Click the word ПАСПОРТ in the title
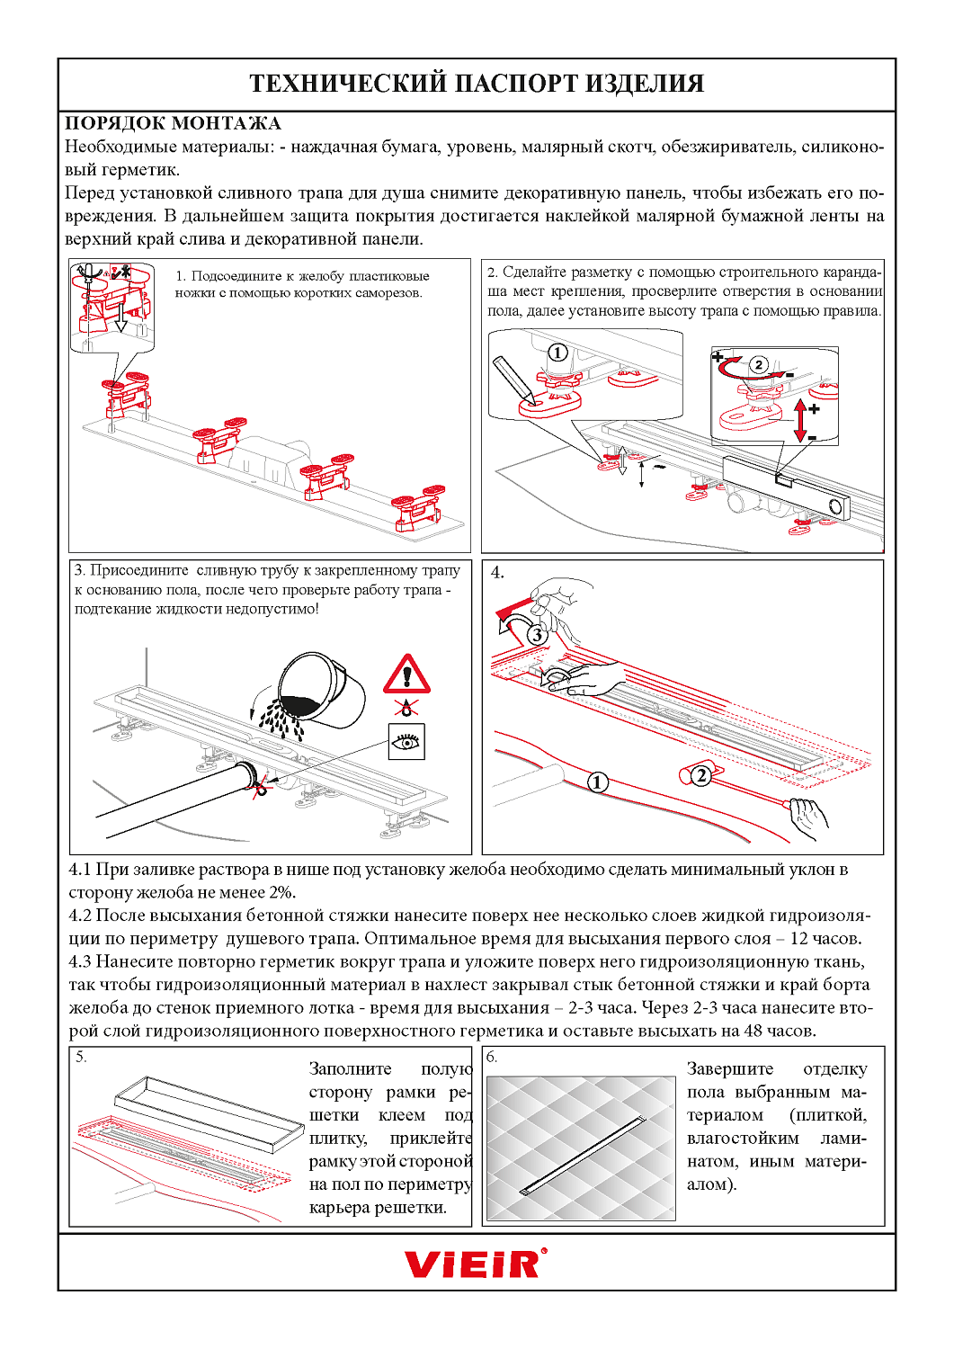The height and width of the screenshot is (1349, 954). click(513, 83)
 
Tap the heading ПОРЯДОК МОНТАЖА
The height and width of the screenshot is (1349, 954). click(173, 123)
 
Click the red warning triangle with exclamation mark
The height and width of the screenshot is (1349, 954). click(407, 674)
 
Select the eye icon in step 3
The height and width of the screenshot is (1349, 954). click(407, 741)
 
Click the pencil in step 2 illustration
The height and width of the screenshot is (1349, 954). click(513, 380)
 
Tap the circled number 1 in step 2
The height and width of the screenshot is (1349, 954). click(557, 353)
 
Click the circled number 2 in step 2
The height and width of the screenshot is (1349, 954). click(759, 364)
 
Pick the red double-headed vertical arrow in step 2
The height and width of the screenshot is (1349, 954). click(800, 420)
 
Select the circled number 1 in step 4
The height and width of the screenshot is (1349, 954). click(597, 782)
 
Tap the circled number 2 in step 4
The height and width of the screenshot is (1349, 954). click(700, 775)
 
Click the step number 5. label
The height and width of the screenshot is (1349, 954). click(81, 1057)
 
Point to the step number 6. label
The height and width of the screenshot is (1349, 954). click(492, 1058)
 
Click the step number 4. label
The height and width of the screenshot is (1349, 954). click(497, 573)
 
